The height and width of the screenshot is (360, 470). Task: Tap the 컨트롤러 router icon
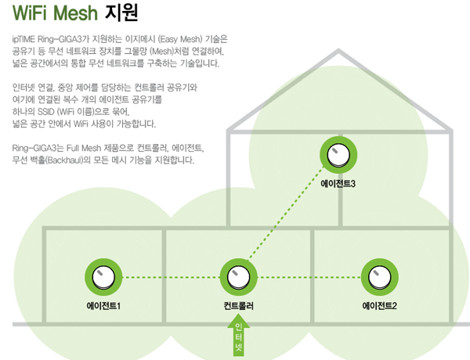pos(239,277)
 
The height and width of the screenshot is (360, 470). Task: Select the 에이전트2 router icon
pos(379,277)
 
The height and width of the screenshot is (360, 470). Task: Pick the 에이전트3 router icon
pos(339,153)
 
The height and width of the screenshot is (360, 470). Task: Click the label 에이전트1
pos(103,305)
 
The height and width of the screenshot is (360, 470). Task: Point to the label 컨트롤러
pos(239,305)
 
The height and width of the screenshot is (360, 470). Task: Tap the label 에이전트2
pos(380,305)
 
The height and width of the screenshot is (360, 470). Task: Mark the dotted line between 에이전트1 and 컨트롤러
pos(170,277)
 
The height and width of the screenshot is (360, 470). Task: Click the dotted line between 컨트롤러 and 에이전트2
pos(309,277)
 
